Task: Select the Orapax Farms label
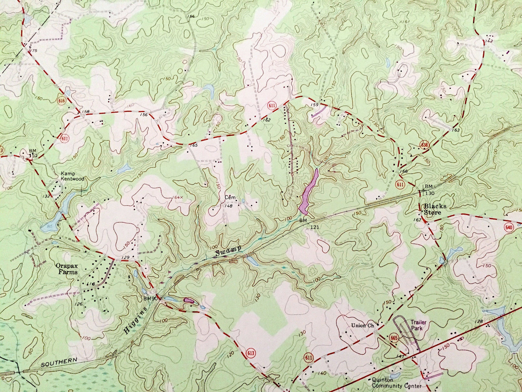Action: [x=66, y=268]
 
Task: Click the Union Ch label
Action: [x=362, y=325]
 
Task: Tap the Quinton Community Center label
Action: [x=397, y=383]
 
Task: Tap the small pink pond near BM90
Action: [x=189, y=300]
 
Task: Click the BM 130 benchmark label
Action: [x=428, y=189]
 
